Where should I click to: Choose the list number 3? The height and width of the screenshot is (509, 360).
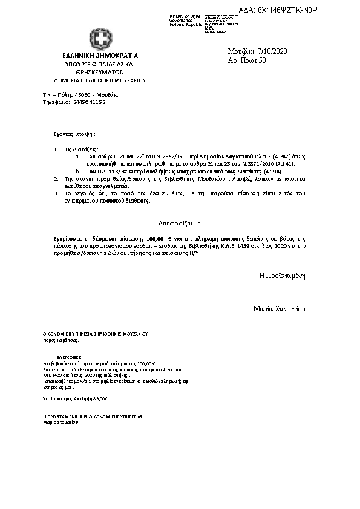click(56, 193)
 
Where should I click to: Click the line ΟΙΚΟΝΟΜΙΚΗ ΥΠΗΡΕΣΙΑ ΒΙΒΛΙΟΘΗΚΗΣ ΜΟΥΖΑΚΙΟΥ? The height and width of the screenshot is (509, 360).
click(96, 334)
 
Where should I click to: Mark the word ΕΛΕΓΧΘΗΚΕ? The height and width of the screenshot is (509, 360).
click(68, 357)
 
